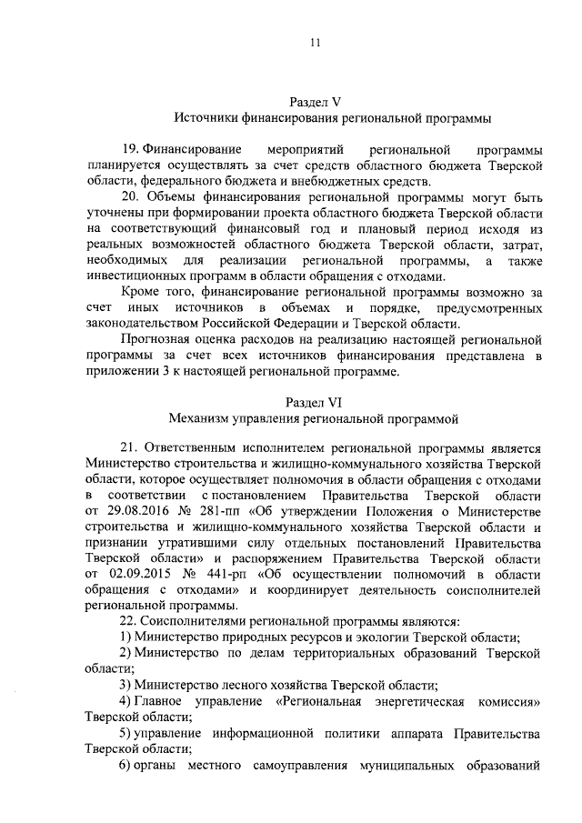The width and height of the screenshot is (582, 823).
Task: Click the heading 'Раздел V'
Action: tap(313, 103)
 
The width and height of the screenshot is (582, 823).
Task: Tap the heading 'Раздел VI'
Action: tap(312, 402)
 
